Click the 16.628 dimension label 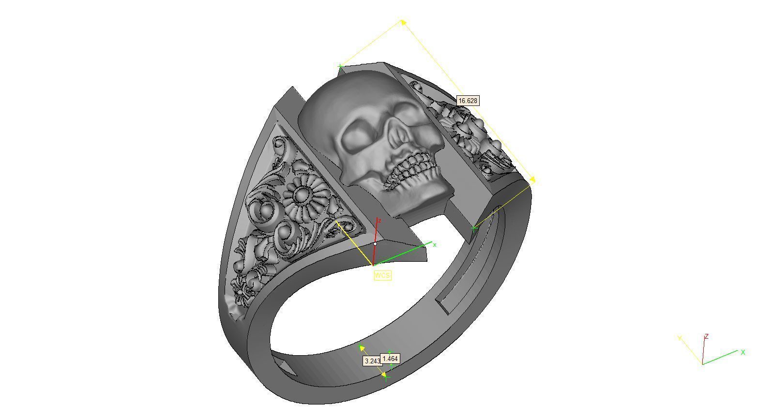click(468, 101)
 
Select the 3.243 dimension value click(371, 361)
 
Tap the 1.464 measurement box click(390, 359)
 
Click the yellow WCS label click(382, 275)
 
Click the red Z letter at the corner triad click(707, 336)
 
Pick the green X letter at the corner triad click(743, 352)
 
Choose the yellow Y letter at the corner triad click(680, 338)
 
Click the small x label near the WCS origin click(435, 245)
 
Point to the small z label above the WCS click(379, 221)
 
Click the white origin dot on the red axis click(375, 244)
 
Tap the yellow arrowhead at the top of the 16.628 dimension click(403, 21)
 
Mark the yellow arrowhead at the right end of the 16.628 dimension click(532, 180)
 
